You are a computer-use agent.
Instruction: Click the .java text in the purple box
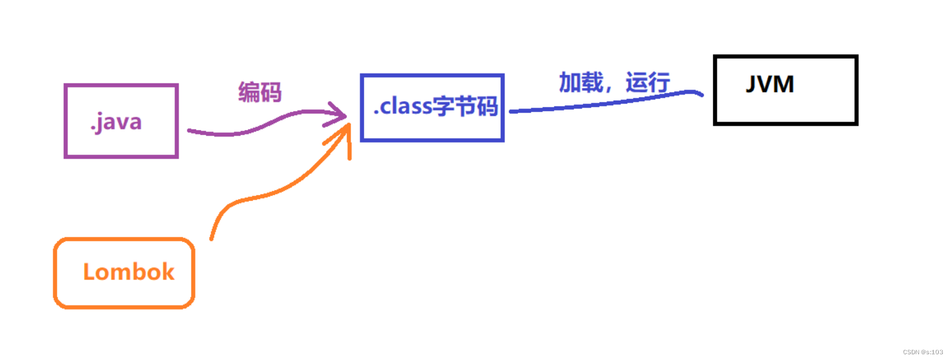(x=116, y=122)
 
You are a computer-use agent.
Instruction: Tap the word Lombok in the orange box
(x=128, y=272)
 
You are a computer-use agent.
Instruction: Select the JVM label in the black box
(x=770, y=85)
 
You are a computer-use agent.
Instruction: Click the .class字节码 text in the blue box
(x=435, y=106)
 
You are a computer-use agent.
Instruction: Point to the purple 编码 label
(x=260, y=92)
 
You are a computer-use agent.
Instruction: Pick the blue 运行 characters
(x=648, y=83)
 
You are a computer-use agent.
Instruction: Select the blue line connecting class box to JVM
(x=604, y=104)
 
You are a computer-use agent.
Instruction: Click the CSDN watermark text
(x=923, y=352)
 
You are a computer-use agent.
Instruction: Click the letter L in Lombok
(x=89, y=272)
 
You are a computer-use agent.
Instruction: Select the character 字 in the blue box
(x=443, y=106)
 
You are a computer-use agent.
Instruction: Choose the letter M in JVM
(x=784, y=85)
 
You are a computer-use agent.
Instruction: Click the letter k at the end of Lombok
(x=167, y=272)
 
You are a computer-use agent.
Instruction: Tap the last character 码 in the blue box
(x=487, y=106)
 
